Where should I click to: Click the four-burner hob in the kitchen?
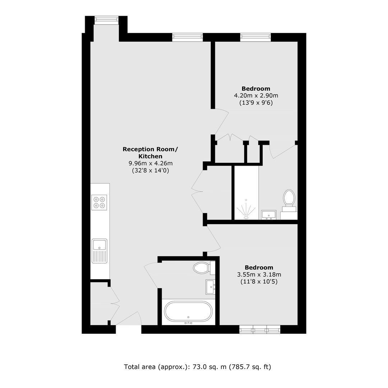tap(99, 202)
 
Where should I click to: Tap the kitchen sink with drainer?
tap(99, 251)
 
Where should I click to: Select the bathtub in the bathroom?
tap(188, 311)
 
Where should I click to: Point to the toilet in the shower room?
tap(289, 201)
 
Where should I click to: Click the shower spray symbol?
tap(246, 209)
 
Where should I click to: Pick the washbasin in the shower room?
tap(268, 215)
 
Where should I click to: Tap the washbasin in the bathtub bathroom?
tap(211, 287)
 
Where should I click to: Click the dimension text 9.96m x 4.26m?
tap(151, 163)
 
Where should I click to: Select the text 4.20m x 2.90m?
tap(256, 96)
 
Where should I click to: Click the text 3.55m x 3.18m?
tap(259, 274)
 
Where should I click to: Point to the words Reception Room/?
tap(150, 149)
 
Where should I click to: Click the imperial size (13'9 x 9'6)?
tap(256, 103)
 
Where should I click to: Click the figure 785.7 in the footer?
tap(239, 366)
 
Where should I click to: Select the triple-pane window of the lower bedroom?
tap(260, 329)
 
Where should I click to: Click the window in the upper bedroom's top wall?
tap(256, 37)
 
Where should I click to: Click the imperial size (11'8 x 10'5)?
tap(259, 282)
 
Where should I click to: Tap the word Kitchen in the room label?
tap(151, 156)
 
